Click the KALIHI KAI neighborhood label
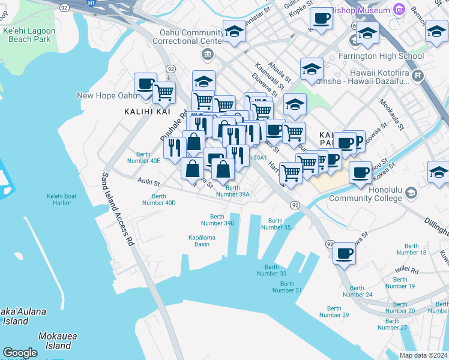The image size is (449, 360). [x=148, y=112]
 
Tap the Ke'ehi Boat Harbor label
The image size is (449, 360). [x=62, y=199]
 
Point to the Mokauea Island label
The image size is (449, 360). [x=55, y=341]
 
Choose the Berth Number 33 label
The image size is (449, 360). [x=276, y=270]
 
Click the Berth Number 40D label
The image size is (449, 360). [x=159, y=199]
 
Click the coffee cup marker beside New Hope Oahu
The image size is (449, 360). [x=145, y=83]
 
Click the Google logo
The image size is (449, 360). [x=20, y=353]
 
